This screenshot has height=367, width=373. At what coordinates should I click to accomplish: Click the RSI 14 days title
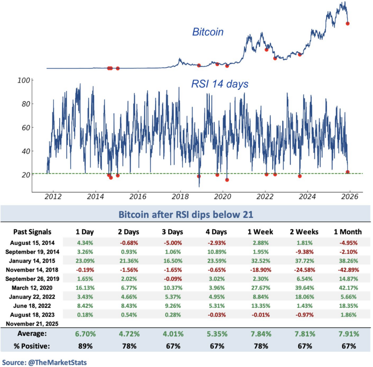[220, 84]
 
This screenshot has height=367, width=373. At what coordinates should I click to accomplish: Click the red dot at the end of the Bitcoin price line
[348, 23]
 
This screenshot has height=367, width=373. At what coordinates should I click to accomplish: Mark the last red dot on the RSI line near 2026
[348, 172]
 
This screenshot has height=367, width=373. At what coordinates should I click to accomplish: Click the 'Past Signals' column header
[32, 231]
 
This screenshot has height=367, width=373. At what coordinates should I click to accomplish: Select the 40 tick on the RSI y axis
[24, 151]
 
